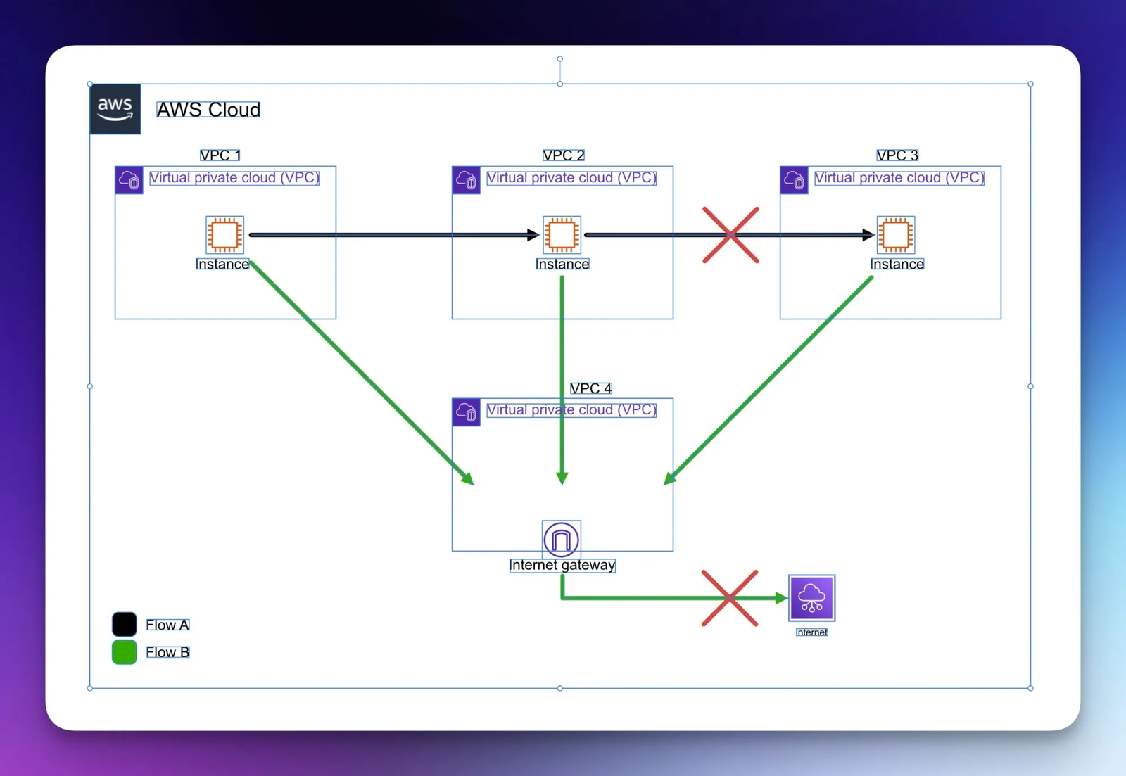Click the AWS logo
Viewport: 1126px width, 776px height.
pos(115,109)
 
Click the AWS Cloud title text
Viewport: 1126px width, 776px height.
pos(208,110)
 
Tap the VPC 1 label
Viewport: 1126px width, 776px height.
pos(220,155)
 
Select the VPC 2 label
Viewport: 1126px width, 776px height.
pos(563,155)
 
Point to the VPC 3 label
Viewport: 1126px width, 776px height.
pos(897,155)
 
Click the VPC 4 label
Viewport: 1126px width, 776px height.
pos(590,388)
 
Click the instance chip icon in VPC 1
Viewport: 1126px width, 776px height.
pos(224,234)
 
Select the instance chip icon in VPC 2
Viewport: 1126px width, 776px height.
pos(562,234)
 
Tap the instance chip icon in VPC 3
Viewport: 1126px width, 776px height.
pos(895,234)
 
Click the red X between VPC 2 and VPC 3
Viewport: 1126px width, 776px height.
pos(730,235)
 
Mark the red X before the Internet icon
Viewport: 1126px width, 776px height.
pos(730,598)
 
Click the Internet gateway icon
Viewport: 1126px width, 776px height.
pos(561,539)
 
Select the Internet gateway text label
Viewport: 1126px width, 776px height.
pos(562,565)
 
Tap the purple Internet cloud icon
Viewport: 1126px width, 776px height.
pos(811,598)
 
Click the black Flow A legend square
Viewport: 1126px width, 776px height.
pos(125,624)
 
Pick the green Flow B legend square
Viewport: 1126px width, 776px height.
pos(125,651)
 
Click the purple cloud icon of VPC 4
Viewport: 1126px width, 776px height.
pos(466,412)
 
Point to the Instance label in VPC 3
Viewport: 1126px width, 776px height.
pos(897,264)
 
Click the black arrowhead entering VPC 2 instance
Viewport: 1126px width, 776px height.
pos(533,235)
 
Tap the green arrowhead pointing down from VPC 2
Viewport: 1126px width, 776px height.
pos(562,478)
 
